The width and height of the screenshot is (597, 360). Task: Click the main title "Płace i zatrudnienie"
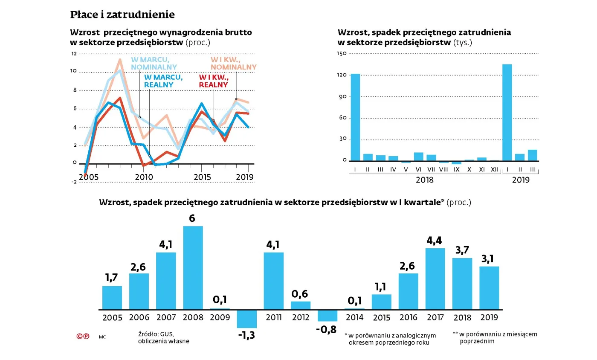[122, 15]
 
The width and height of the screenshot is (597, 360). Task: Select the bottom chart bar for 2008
[193, 267]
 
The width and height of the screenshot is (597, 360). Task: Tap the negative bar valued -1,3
[246, 319]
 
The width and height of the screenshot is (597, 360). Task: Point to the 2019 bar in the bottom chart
[489, 288]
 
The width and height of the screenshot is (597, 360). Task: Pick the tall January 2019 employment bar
[507, 113]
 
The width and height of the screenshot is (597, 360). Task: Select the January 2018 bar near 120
[355, 117]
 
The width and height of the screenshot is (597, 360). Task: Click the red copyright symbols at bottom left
[83, 336]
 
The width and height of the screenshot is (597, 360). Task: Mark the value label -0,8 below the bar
[327, 329]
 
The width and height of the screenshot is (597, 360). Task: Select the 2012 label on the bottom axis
[301, 318]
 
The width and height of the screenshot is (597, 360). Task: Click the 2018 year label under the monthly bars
[424, 180]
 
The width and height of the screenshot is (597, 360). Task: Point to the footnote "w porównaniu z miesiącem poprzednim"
[497, 337]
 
